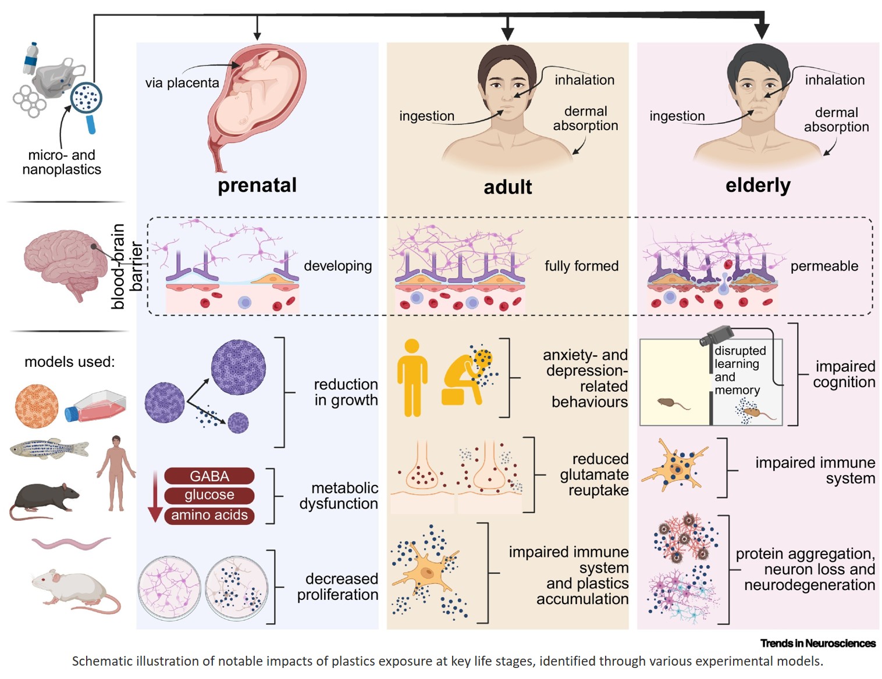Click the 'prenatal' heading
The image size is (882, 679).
point(257,185)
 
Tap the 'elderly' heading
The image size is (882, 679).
point(757,185)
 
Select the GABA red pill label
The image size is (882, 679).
point(209,476)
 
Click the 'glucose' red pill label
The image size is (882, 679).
point(209,495)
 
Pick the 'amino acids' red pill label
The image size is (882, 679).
point(209,515)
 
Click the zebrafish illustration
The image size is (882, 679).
point(49,449)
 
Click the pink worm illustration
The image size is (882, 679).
point(70,544)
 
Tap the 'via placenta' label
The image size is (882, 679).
point(182,83)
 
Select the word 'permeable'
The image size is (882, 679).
point(824,266)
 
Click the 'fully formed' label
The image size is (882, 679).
point(581,266)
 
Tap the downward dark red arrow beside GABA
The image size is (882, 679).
point(155,497)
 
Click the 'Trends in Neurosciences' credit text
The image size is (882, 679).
point(817,643)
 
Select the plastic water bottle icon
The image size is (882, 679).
point(31,58)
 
